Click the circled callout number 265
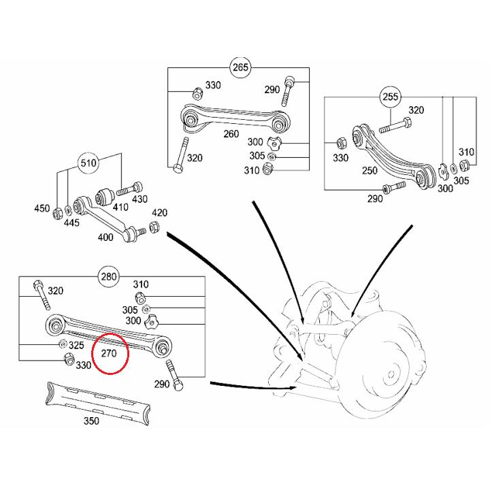241,67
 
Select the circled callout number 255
391,97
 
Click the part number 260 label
231,134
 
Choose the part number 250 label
370,170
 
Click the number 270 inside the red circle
110,354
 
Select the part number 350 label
91,421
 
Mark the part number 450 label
42,209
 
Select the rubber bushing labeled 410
105,197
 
